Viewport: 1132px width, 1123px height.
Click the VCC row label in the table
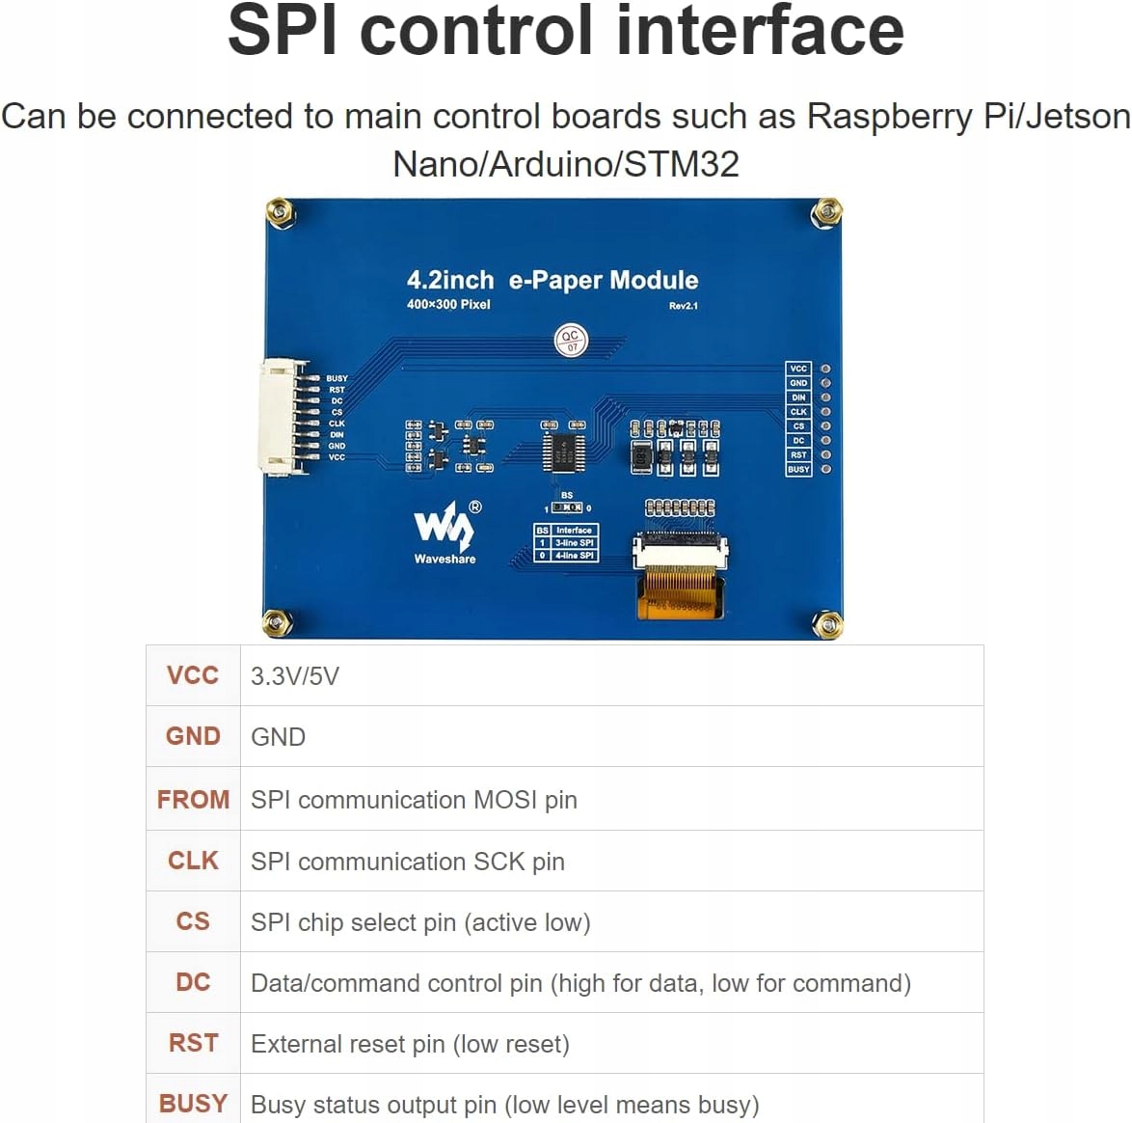pyautogui.click(x=193, y=675)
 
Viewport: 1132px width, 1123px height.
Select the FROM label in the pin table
pyautogui.click(x=193, y=799)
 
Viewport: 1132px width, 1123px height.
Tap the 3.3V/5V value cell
pyautogui.click(x=295, y=676)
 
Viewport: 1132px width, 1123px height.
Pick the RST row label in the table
pyautogui.click(x=193, y=1043)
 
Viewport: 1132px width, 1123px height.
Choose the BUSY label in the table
pyautogui.click(x=193, y=1104)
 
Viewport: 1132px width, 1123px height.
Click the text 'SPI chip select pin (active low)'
pyautogui.click(x=420, y=922)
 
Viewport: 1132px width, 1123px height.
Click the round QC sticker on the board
pyautogui.click(x=571, y=341)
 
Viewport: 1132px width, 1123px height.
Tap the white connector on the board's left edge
pyautogui.click(x=282, y=418)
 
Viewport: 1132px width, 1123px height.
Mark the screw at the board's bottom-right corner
pyautogui.click(x=827, y=625)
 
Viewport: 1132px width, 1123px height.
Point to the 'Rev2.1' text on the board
pyautogui.click(x=683, y=306)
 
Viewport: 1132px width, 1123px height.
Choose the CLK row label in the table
pyautogui.click(x=193, y=861)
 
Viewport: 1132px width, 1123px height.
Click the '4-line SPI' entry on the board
pyautogui.click(x=574, y=556)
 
